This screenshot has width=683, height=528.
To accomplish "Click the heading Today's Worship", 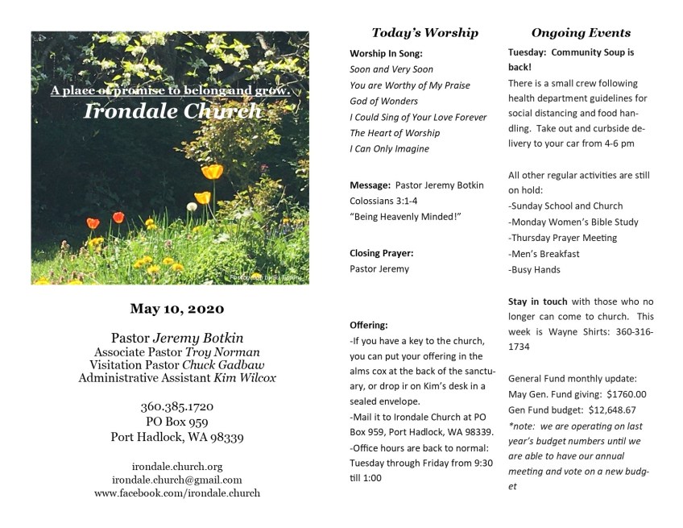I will tap(424, 33).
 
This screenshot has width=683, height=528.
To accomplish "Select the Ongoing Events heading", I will tap(581, 33).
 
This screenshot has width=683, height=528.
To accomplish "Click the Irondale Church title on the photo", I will tap(173, 111).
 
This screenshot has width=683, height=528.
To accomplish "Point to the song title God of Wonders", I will tap(383, 101).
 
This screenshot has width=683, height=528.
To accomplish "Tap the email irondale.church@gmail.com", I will tap(177, 479).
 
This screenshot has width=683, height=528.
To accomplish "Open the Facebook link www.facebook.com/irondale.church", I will tap(177, 493).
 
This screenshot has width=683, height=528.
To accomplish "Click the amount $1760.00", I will tap(626, 394).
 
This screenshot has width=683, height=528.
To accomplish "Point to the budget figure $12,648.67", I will tap(614, 410).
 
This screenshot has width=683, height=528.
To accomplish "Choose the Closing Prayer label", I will tap(382, 253).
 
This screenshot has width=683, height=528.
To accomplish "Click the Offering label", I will tap(369, 325).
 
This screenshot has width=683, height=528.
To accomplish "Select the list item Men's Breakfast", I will tap(544, 254).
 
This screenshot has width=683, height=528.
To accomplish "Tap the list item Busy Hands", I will tap(535, 270).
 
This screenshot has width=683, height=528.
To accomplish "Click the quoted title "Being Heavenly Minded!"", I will tap(399, 217).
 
